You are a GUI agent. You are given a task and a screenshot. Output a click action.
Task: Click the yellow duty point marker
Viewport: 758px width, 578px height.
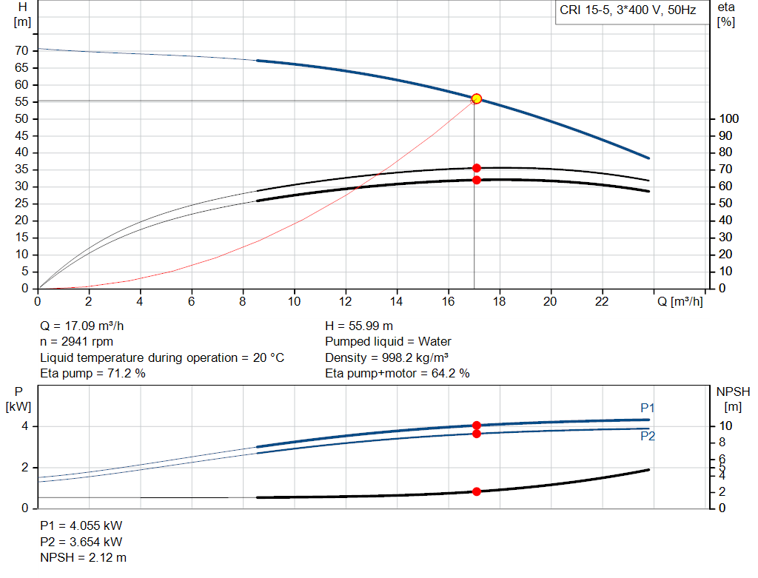(x=477, y=98)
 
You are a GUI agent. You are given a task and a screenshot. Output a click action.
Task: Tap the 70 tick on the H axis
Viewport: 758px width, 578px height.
(x=21, y=50)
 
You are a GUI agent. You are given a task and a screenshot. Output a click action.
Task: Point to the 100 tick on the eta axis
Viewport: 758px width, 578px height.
(x=728, y=118)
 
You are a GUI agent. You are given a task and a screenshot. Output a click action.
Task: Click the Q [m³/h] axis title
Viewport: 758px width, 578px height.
(x=680, y=302)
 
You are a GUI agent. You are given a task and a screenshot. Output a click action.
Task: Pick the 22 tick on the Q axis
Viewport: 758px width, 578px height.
(x=602, y=302)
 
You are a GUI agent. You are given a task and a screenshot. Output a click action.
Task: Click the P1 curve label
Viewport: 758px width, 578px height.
(x=648, y=408)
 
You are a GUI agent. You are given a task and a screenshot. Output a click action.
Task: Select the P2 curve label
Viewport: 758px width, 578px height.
(x=648, y=437)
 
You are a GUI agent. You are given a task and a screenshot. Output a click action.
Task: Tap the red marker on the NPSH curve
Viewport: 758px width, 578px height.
(x=477, y=491)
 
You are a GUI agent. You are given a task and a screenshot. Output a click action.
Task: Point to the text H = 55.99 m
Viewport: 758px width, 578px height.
(x=359, y=326)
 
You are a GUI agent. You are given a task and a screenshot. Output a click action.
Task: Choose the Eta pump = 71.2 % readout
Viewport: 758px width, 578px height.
(x=93, y=374)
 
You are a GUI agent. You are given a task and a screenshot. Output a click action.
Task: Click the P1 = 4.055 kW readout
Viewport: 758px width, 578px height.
(x=81, y=525)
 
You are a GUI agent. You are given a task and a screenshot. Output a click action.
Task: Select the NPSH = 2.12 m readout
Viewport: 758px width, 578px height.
(x=83, y=557)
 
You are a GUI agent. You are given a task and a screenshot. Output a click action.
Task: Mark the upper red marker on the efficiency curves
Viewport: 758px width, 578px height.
(x=477, y=168)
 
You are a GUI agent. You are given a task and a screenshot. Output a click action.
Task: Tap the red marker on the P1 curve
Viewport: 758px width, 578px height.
(x=477, y=426)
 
